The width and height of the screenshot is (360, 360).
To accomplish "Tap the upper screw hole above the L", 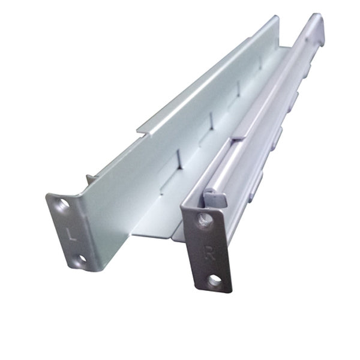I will (x=62, y=204).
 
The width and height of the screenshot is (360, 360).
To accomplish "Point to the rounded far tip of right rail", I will (x=317, y=24).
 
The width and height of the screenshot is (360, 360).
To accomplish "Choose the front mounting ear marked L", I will (x=71, y=231).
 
